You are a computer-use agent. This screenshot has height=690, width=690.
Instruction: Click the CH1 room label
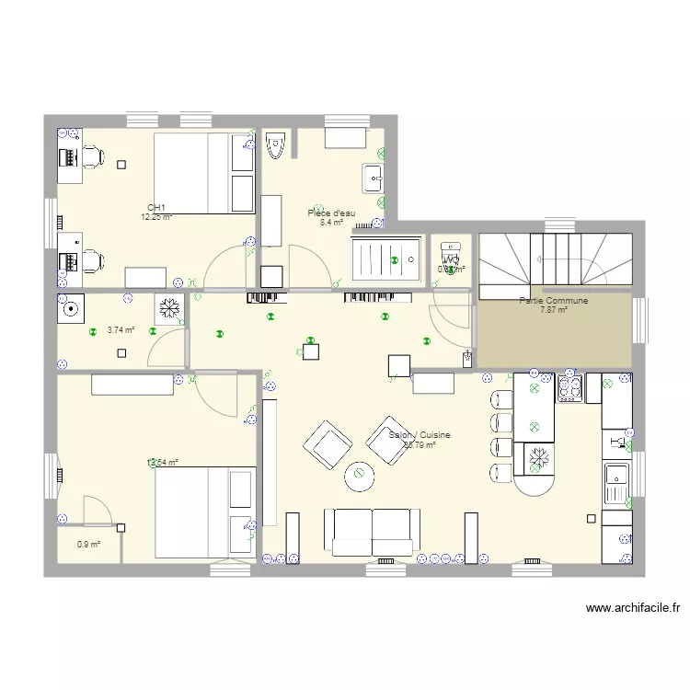(156, 208)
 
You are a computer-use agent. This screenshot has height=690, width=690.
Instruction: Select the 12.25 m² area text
(156, 217)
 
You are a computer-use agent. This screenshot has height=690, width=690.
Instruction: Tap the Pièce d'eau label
(331, 213)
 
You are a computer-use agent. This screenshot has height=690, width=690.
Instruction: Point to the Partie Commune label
(553, 301)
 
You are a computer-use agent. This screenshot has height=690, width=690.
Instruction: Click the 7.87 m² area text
(553, 310)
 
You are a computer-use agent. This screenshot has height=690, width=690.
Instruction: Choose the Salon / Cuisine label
(420, 435)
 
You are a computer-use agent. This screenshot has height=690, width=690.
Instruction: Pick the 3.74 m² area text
(121, 329)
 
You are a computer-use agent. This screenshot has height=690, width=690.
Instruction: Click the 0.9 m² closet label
(88, 544)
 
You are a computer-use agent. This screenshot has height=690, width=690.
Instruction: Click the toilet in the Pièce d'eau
(274, 146)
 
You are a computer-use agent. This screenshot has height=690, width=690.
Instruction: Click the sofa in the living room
(372, 533)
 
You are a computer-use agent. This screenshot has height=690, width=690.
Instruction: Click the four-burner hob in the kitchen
(569, 386)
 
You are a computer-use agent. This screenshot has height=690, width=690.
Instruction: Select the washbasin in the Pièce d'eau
(374, 178)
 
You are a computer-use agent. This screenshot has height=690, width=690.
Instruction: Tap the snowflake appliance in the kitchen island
(536, 457)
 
